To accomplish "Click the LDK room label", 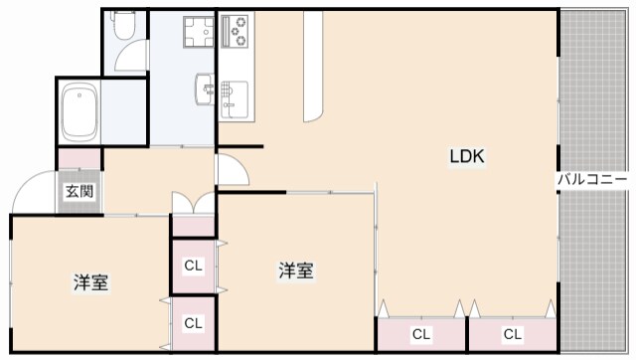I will (467, 156).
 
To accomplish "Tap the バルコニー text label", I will (592, 180).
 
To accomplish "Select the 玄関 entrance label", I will (79, 192).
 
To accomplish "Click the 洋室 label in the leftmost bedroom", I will (90, 282).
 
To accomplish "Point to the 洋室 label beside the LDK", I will (296, 270).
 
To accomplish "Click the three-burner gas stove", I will (237, 34).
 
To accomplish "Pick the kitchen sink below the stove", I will (235, 93).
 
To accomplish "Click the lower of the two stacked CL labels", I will (194, 323).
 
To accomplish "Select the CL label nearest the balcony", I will (513, 333).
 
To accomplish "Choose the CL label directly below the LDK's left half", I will (421, 333).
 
